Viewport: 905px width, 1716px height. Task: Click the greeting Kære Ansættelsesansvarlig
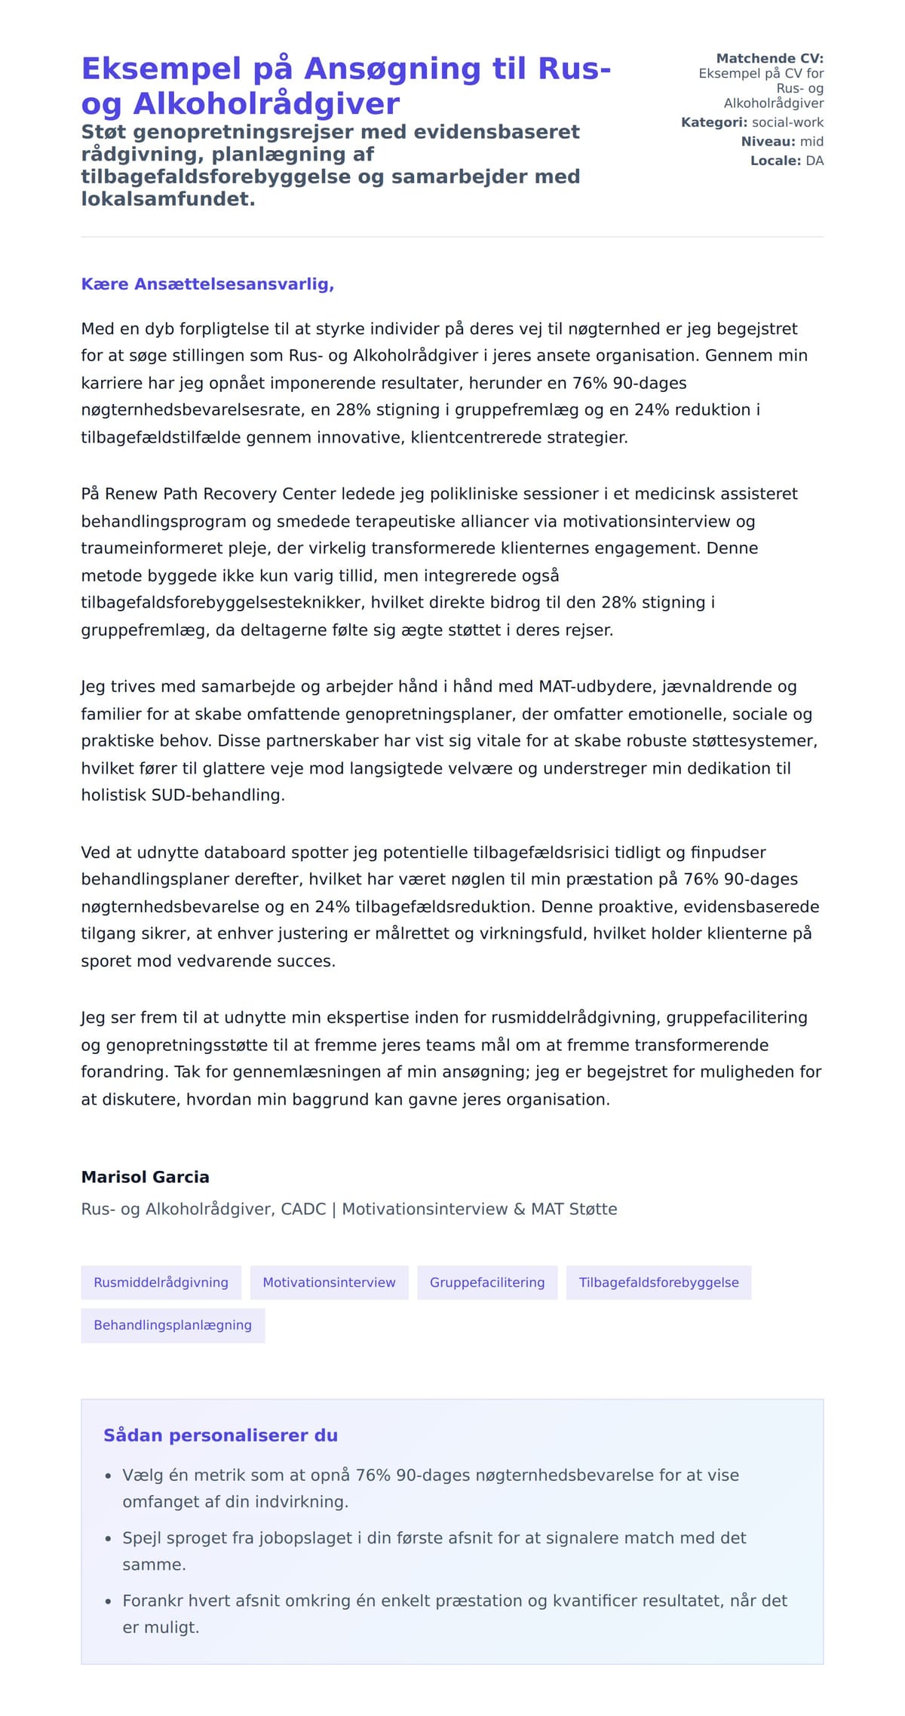207,284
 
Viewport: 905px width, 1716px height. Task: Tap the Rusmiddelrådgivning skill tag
161,1282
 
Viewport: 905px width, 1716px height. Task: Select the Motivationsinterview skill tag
329,1282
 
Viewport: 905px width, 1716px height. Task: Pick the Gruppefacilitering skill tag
487,1282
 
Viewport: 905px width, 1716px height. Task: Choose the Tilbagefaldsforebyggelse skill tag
658,1282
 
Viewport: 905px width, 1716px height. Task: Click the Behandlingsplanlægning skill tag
173,1325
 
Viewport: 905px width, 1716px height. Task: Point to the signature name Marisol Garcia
146,1177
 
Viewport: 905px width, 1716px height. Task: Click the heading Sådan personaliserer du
220,1435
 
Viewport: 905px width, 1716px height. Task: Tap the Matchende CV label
769,58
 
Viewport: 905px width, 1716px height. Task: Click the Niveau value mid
811,141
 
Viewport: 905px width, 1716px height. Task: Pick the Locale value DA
814,161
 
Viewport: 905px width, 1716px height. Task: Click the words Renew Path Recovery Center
220,494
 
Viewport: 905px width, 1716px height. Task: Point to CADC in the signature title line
303,1209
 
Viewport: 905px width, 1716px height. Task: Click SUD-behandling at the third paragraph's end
218,795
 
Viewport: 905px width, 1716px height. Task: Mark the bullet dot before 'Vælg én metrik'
109,1475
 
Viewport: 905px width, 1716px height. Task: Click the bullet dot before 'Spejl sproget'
109,1538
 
